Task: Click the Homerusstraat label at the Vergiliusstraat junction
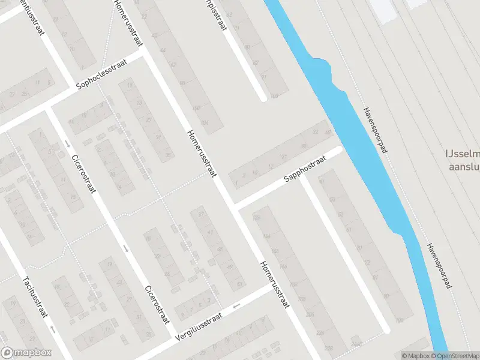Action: (275, 284)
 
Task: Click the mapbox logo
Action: (26, 353)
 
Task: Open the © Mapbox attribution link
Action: (416, 356)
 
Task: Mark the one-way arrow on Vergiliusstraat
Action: (236, 306)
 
